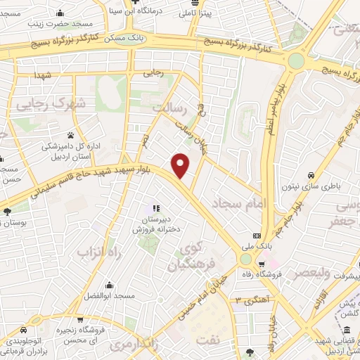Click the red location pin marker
181,165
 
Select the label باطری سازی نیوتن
328,187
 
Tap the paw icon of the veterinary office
71,134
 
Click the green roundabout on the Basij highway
296,61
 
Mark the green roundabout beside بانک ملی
246,260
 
